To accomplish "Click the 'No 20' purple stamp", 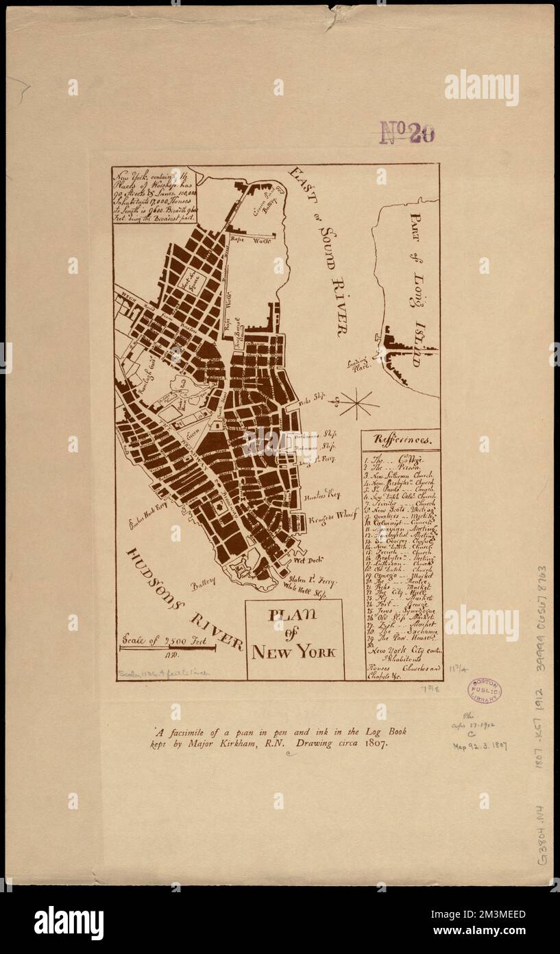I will click(x=407, y=132).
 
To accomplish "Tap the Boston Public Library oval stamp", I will click(x=484, y=691).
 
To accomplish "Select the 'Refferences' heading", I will click(x=402, y=439).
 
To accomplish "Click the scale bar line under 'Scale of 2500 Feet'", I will click(x=168, y=647).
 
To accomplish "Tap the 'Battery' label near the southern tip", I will click(x=204, y=581).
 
